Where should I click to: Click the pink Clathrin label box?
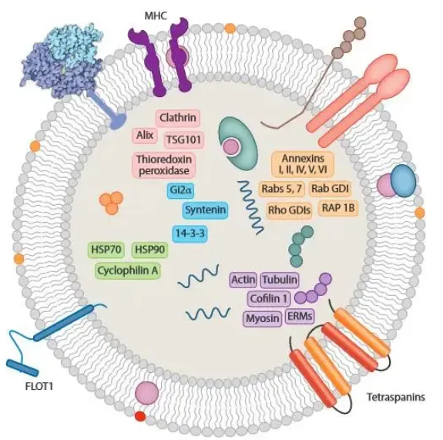(178, 118)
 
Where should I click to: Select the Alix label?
(145, 136)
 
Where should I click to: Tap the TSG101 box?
(183, 139)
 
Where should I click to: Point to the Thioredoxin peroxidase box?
(164, 165)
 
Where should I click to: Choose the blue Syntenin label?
(206, 210)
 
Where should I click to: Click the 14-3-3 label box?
(190, 233)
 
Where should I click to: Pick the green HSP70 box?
(106, 250)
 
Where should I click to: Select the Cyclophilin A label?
(128, 270)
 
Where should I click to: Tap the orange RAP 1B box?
(338, 208)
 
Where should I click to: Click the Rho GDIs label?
(289, 210)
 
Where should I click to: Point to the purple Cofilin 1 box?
(269, 298)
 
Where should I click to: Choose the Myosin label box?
(263, 318)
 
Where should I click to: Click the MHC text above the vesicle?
(156, 16)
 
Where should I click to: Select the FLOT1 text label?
(39, 386)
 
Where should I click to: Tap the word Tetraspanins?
(395, 397)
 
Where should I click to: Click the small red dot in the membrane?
(140, 416)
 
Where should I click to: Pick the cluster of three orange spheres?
(111, 203)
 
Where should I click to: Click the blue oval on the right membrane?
(403, 181)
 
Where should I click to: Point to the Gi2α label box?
(181, 190)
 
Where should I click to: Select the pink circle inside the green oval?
(231, 147)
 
